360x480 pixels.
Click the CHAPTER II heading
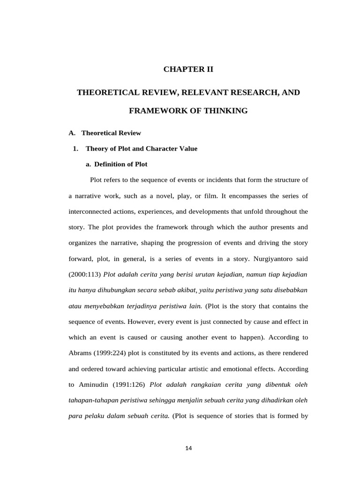click(x=188, y=69)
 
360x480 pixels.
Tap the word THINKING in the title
click(x=223, y=111)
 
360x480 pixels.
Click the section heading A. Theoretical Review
click(x=105, y=133)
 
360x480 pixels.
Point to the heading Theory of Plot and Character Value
click(x=142, y=149)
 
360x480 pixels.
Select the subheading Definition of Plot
click(x=120, y=164)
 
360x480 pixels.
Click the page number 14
click(x=188, y=448)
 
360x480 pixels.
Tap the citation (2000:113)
click(x=84, y=274)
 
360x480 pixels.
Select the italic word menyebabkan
click(x=103, y=306)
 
